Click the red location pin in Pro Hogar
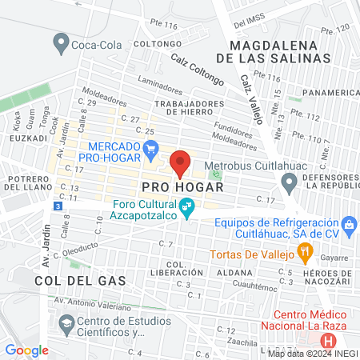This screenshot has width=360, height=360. point(181,163)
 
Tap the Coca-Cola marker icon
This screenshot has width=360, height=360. point(59,42)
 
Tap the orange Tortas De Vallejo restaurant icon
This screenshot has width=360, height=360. point(304,254)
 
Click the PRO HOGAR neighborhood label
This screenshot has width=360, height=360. point(180,186)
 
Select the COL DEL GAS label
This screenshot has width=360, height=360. point(72,281)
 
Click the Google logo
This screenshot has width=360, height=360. point(26,350)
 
